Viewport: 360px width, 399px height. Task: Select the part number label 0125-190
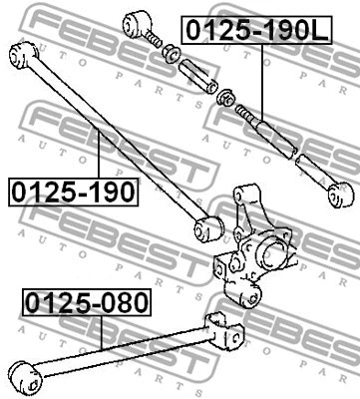coord(73,190)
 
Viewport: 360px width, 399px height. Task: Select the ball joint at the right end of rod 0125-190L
coord(338,196)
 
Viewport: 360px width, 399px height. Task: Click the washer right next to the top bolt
coord(170,53)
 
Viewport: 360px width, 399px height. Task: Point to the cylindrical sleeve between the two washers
coord(195,76)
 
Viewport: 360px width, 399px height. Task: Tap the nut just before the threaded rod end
coord(226,97)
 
